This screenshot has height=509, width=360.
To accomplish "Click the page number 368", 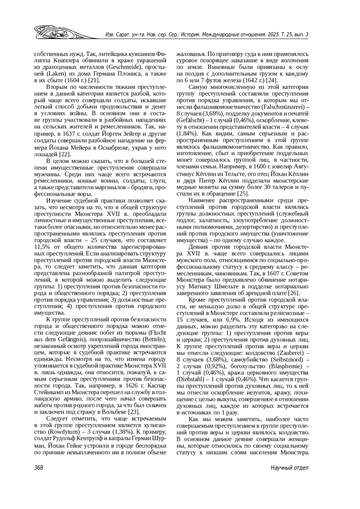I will pos(39,468).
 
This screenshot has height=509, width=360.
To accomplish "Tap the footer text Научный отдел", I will pos(289,468).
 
